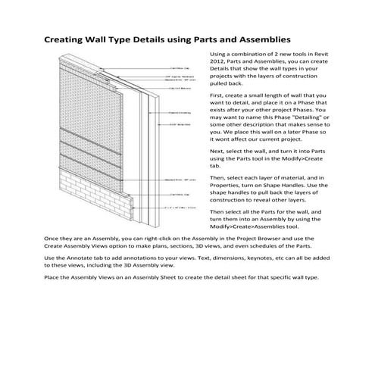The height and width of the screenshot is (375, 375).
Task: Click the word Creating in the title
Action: click(x=66, y=39)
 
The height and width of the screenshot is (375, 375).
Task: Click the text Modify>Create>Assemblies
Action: click(x=252, y=227)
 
